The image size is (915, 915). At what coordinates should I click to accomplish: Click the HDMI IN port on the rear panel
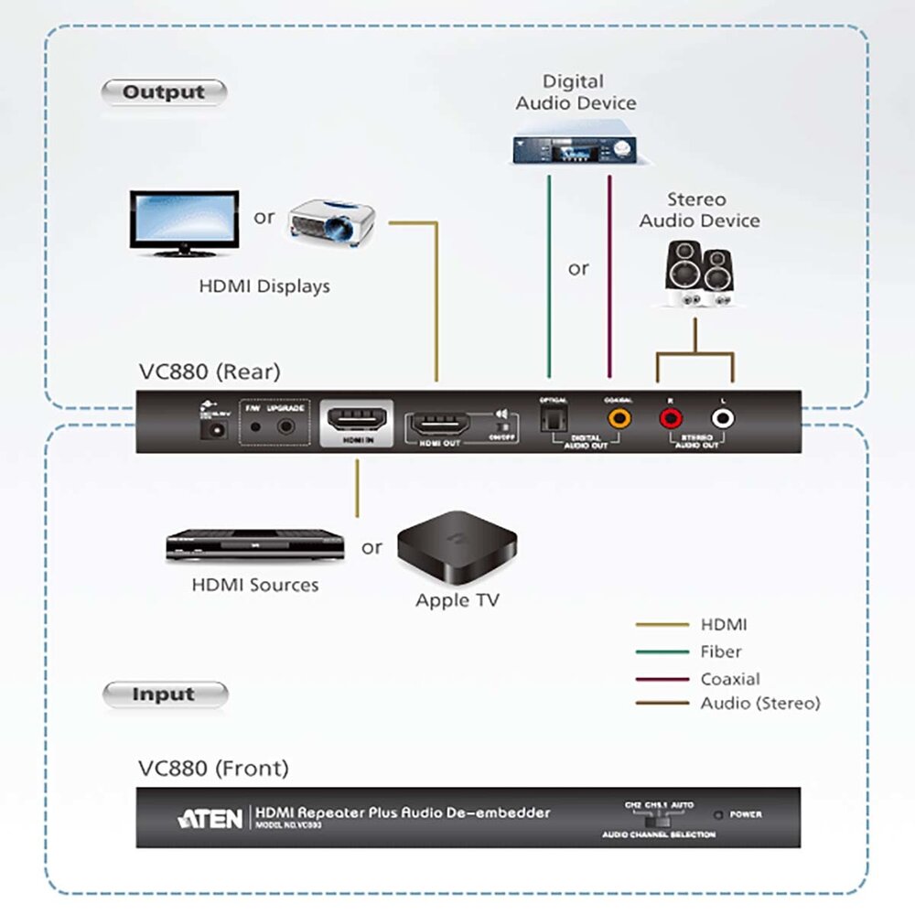pyautogui.click(x=356, y=420)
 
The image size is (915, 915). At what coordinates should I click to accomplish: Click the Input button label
pyautogui.click(x=164, y=694)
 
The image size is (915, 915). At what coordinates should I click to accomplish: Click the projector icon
pyautogui.click(x=331, y=221)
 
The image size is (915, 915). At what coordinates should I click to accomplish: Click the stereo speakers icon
pyautogui.click(x=698, y=271)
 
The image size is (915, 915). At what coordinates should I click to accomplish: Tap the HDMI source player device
pyautogui.click(x=254, y=546)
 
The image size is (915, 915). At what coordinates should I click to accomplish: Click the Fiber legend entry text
pyautogui.click(x=720, y=652)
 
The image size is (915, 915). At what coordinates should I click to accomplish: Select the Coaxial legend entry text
pyautogui.click(x=730, y=679)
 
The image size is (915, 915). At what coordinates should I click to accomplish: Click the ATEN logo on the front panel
pyautogui.click(x=211, y=817)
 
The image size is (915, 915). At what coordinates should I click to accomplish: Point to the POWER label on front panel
pyautogui.click(x=746, y=814)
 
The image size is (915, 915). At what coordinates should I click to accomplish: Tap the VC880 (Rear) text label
pyautogui.click(x=210, y=371)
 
